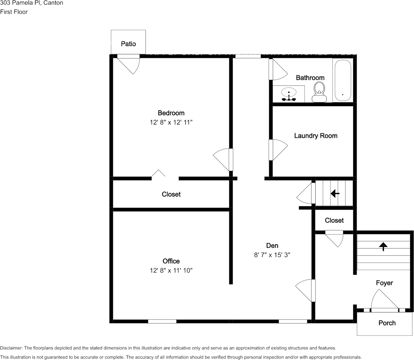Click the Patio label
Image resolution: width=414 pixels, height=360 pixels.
tap(128, 44)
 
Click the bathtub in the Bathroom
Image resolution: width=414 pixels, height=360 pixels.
tap(342, 80)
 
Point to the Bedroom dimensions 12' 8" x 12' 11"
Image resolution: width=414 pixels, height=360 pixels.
tap(171, 123)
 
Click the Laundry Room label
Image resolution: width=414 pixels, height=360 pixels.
tap(315, 135)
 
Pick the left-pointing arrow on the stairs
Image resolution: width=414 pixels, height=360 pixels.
tap(335, 194)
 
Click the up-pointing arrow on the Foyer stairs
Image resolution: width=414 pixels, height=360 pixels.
tap(383, 247)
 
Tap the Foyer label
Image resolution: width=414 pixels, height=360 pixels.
tap(384, 283)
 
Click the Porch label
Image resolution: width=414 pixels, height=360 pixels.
tap(387, 323)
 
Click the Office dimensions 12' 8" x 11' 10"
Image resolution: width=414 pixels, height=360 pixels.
tap(171, 271)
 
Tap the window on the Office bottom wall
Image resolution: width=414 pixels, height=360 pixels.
tap(162, 321)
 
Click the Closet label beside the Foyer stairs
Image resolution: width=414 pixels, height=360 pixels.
tap(334, 220)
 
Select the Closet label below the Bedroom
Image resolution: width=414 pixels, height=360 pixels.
tap(171, 194)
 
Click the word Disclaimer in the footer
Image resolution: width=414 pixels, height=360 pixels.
tap(11, 348)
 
